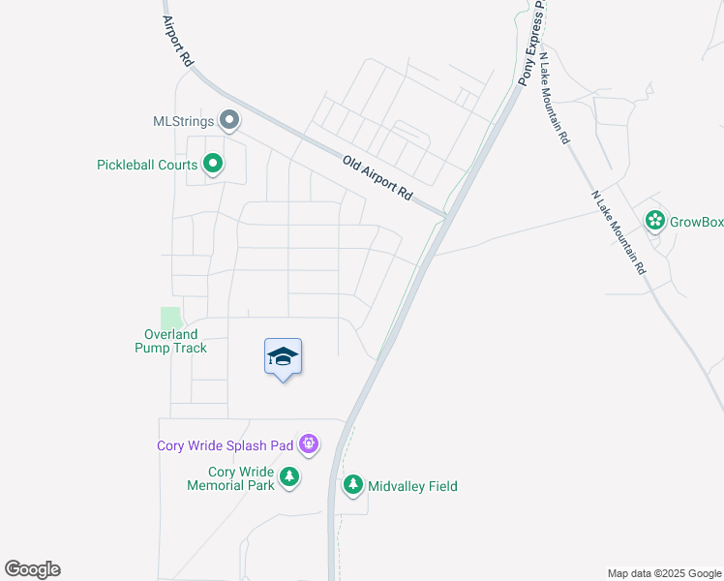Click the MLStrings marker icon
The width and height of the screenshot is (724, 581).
[229, 121]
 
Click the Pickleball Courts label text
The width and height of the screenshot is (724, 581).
[147, 166]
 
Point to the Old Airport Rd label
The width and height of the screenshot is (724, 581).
[378, 177]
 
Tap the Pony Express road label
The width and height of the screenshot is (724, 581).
[531, 44]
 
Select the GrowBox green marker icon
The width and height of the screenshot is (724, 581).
[655, 221]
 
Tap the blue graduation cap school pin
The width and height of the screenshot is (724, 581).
[283, 357]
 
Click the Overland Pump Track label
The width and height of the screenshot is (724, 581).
[170, 341]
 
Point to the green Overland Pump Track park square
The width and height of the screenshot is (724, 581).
[170, 318]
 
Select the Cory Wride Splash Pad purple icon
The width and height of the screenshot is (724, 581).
[309, 445]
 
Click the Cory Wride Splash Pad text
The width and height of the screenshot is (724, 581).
[226, 446]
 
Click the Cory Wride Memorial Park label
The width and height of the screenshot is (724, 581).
[231, 478]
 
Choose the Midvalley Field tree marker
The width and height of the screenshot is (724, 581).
[353, 485]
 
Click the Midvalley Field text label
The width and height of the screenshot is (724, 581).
[412, 486]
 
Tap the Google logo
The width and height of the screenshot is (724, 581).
[32, 569]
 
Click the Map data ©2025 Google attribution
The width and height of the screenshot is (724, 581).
[663, 573]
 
